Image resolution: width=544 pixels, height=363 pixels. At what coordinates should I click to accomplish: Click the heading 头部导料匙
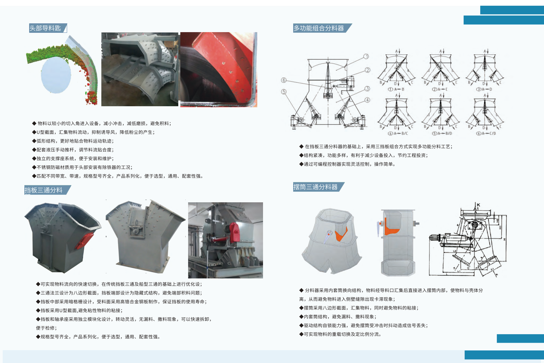tap(45, 28)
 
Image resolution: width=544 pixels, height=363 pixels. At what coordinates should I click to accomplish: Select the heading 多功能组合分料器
tap(319, 28)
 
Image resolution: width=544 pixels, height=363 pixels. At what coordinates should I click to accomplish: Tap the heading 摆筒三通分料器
tap(315, 187)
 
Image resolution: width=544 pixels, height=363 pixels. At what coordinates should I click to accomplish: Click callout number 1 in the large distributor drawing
tap(366, 56)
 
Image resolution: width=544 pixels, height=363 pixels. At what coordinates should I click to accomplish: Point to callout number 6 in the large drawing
tap(284, 80)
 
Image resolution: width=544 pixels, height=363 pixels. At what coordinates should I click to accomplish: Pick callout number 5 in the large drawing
tap(284, 92)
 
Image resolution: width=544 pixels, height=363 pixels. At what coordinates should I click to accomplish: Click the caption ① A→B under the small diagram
tap(396, 89)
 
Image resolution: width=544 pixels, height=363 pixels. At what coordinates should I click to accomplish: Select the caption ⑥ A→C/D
tap(486, 133)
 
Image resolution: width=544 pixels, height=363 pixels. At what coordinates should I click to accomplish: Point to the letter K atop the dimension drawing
tap(479, 205)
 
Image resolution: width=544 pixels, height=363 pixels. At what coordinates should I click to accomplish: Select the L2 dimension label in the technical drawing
tap(455, 251)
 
